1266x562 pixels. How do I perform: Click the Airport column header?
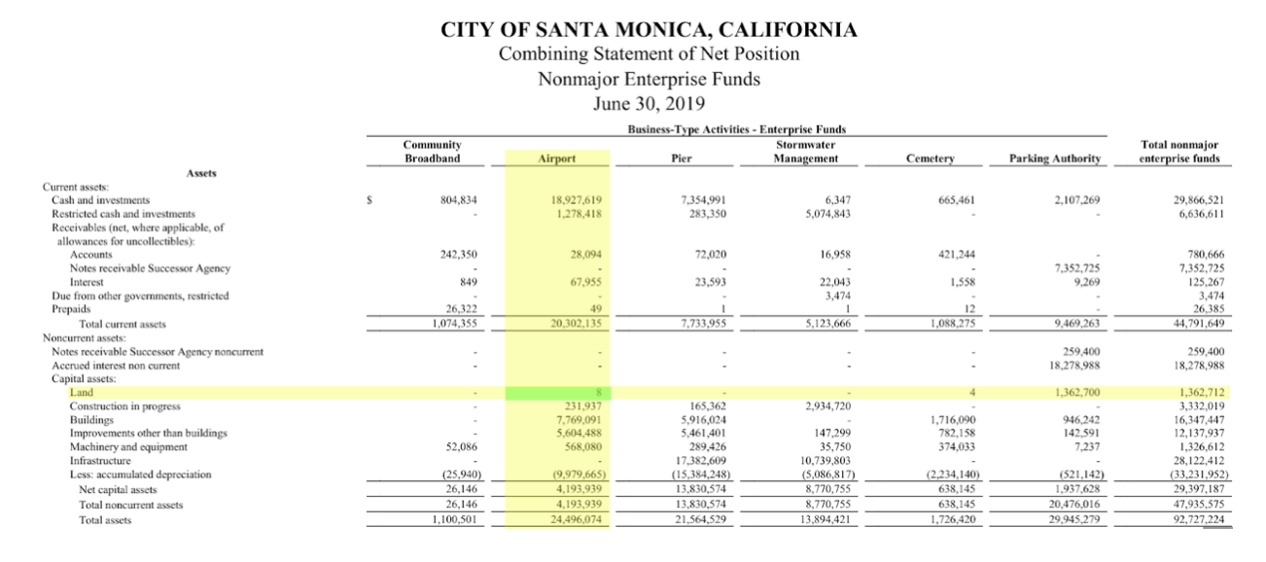point(557,158)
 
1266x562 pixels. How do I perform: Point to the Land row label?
point(82,392)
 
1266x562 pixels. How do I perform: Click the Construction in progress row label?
point(124,405)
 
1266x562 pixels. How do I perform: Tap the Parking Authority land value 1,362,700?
point(1074,392)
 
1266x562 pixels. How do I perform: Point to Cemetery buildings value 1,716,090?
point(950,419)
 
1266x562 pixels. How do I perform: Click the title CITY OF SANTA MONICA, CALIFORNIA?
point(650,29)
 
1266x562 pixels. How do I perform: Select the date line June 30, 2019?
point(650,103)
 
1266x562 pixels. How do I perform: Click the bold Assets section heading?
point(195,172)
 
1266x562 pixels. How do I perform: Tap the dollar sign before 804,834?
point(369,199)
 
